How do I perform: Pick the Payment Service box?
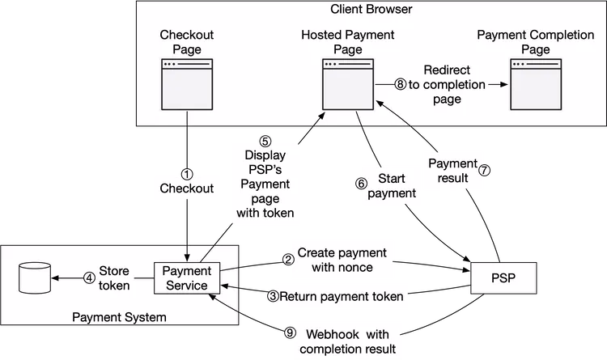pyautogui.click(x=186, y=278)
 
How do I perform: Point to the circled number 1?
pyautogui.click(x=187, y=174)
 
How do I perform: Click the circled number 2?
pyautogui.click(x=287, y=259)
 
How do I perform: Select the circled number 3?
pyautogui.click(x=274, y=297)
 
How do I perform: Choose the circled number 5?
pyautogui.click(x=265, y=141)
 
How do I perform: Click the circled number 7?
pyautogui.click(x=485, y=172)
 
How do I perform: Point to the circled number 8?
pyautogui.click(x=400, y=84)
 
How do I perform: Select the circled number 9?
pyautogui.click(x=291, y=333)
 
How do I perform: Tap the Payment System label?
pyautogui.click(x=120, y=317)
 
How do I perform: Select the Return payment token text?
pyautogui.click(x=342, y=297)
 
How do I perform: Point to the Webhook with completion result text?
pyautogui.click(x=348, y=341)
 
